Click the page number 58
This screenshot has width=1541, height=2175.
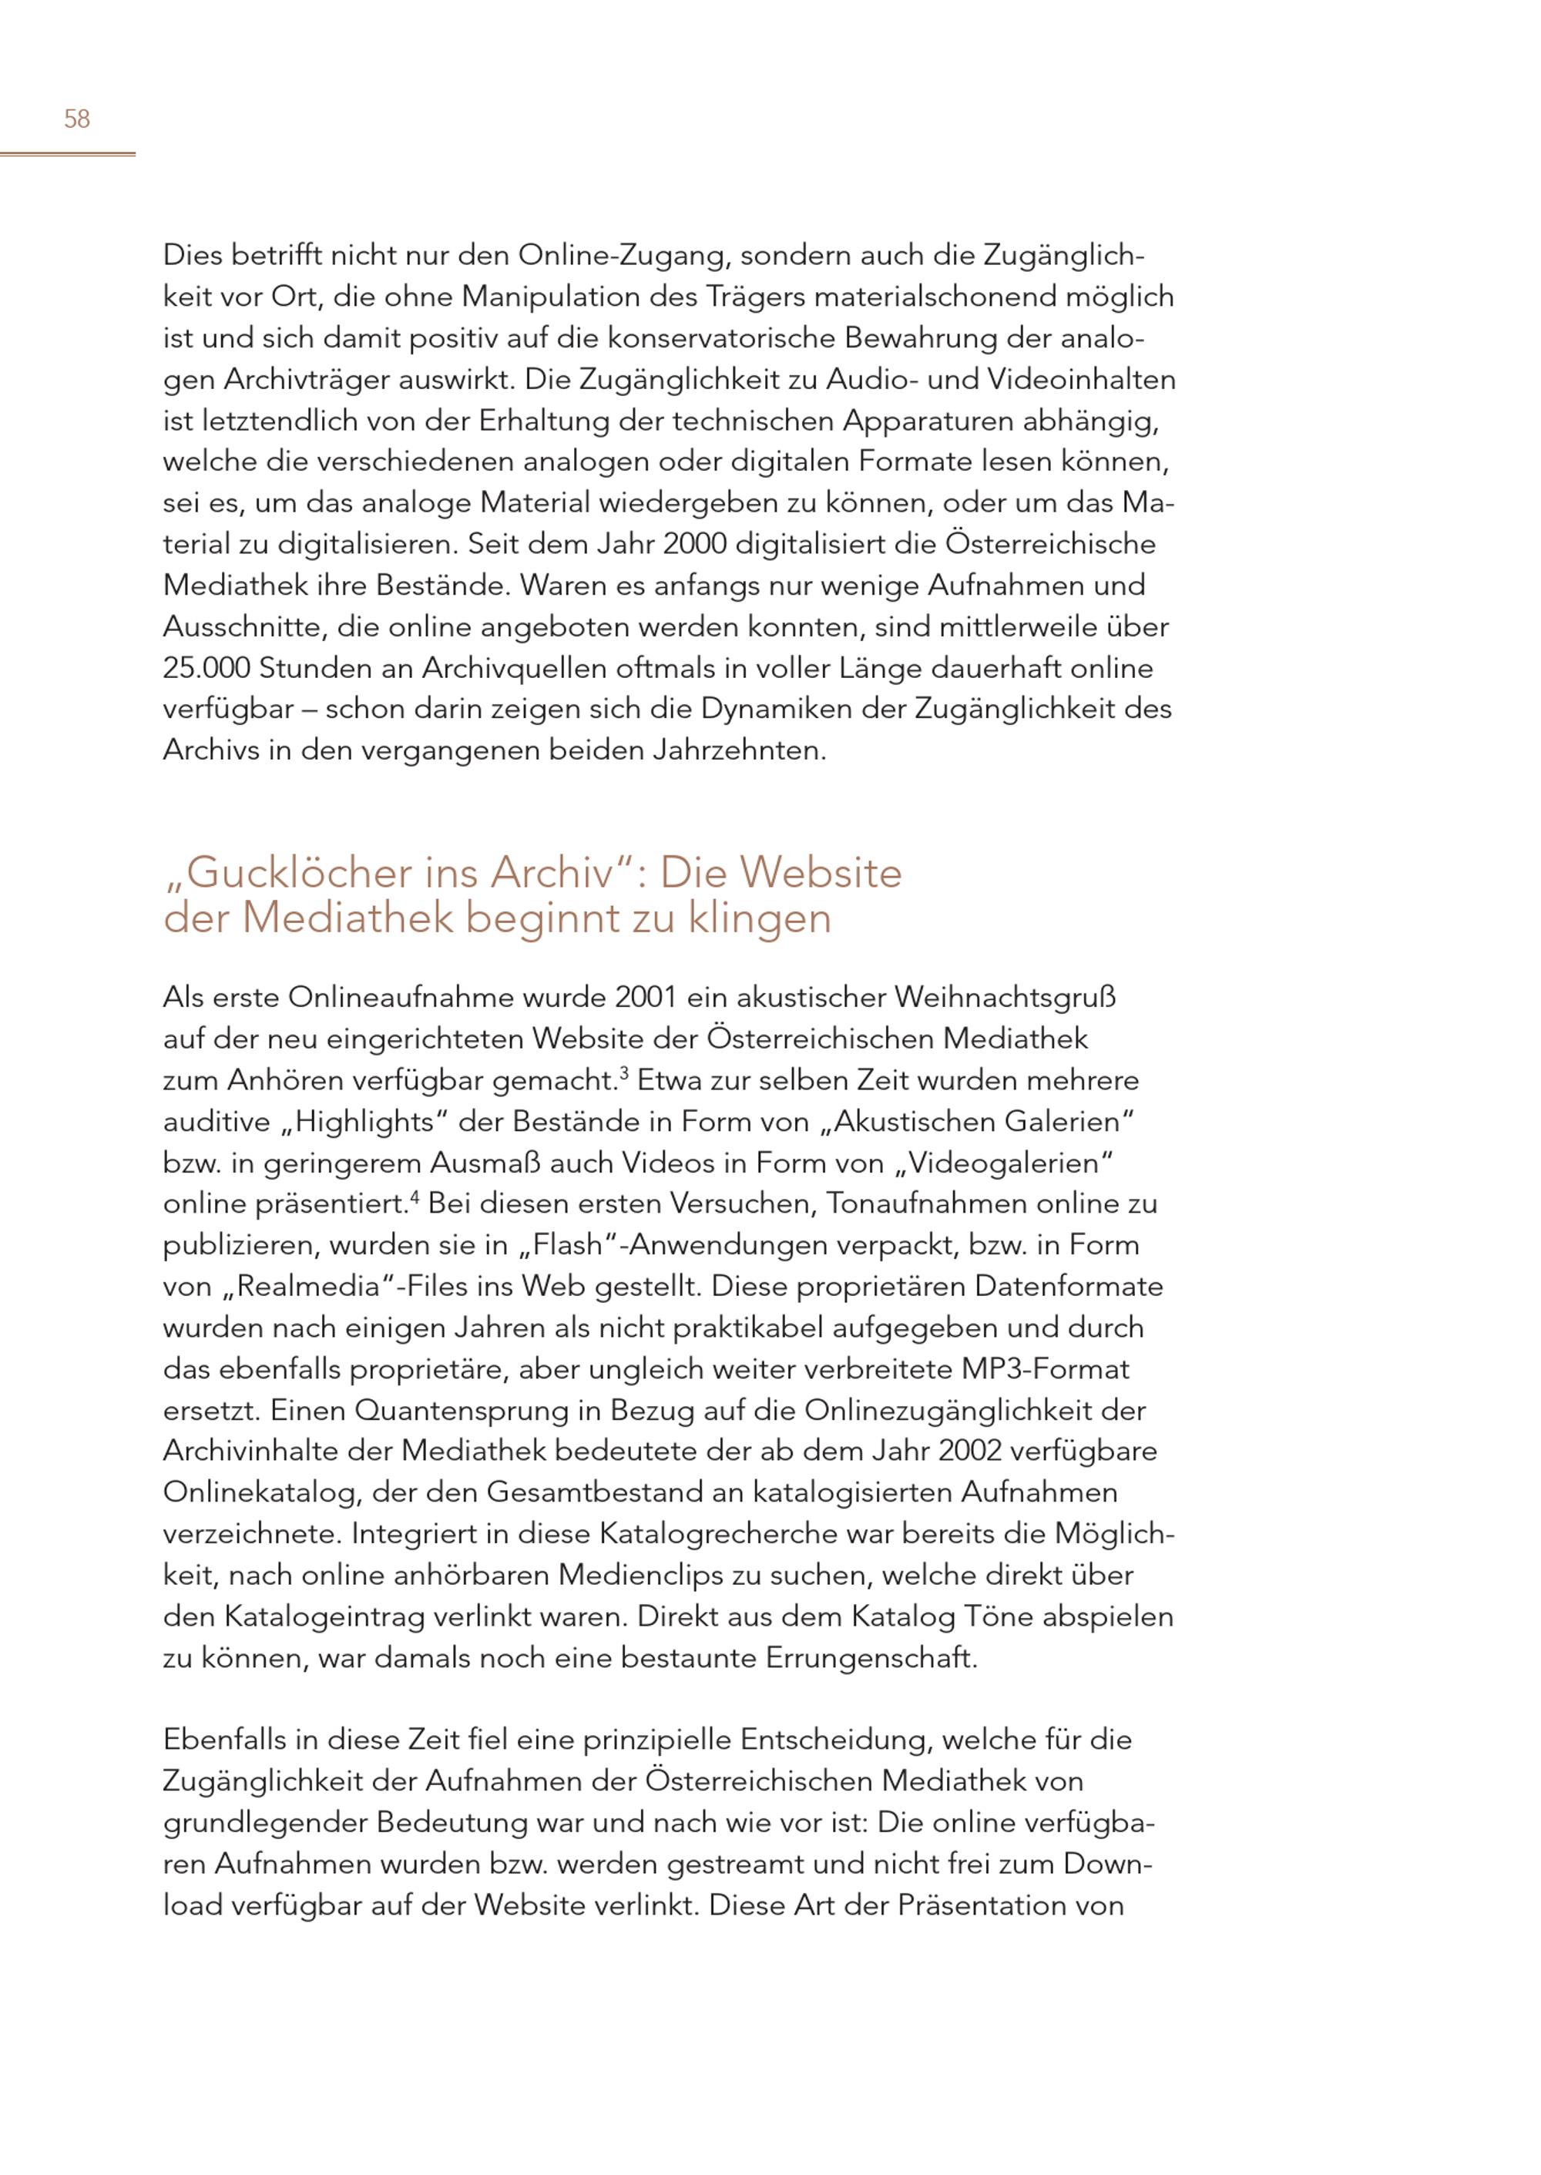[x=77, y=119]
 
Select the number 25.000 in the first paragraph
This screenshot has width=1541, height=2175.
[x=206, y=668]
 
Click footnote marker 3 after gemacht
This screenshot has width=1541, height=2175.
[x=624, y=1073]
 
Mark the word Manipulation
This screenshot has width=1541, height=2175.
[x=549, y=297]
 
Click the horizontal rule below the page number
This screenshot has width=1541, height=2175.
[x=67, y=154]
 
